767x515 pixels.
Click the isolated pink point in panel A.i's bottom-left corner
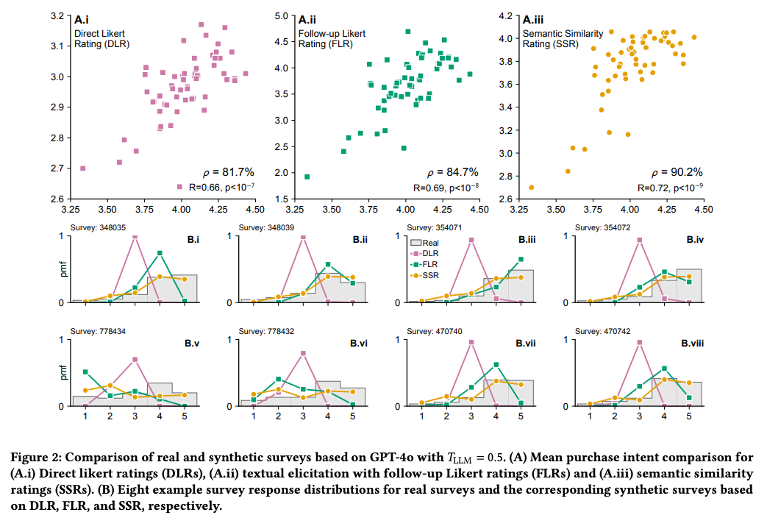point(82,168)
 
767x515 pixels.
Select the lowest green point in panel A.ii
point(307,177)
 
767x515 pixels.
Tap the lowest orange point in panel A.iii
point(531,187)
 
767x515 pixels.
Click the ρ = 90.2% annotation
point(681,172)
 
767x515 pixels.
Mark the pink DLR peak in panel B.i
point(135,237)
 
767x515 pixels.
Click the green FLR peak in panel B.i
point(160,253)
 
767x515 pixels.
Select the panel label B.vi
point(359,343)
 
